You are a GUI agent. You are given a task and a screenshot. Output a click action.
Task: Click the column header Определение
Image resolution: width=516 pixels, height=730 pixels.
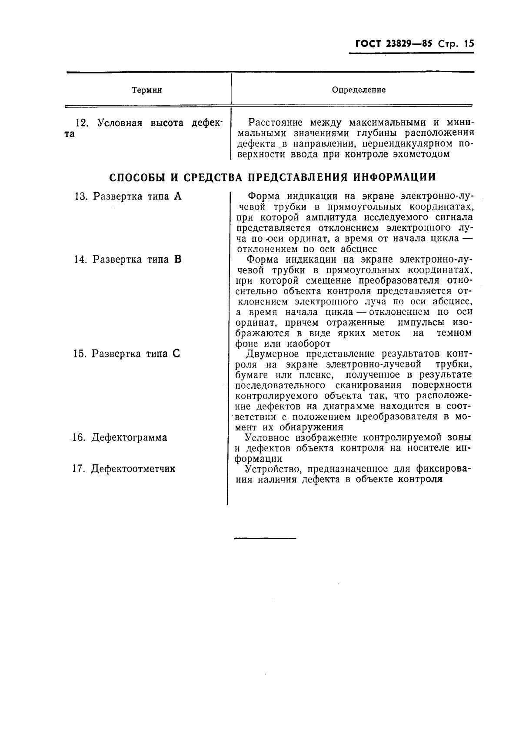pyautogui.click(x=359, y=90)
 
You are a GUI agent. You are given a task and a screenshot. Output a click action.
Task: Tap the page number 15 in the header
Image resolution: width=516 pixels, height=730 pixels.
pyautogui.click(x=469, y=43)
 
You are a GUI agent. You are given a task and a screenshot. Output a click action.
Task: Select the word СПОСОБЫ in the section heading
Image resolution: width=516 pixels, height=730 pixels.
pyautogui.click(x=136, y=177)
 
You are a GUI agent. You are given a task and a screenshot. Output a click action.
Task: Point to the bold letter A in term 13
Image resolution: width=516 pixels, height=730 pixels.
pyautogui.click(x=177, y=196)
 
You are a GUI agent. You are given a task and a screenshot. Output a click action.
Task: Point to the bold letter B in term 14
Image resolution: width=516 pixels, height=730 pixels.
pyautogui.click(x=177, y=260)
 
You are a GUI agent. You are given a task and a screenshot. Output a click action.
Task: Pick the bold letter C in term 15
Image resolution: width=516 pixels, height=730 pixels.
pyautogui.click(x=176, y=354)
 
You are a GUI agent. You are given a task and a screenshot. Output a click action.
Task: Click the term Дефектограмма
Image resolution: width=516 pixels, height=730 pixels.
pyautogui.click(x=129, y=437)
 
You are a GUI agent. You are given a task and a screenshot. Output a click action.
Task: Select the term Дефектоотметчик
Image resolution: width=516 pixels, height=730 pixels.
pyautogui.click(x=133, y=469)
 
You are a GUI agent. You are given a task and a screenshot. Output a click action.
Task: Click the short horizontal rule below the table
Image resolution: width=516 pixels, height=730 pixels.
pyautogui.click(x=265, y=538)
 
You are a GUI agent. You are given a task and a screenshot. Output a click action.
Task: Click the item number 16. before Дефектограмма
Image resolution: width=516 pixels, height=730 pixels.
pyautogui.click(x=78, y=437)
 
